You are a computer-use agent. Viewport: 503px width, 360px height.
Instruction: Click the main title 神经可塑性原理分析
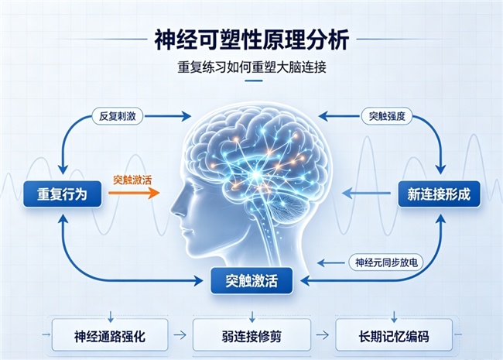click(x=251, y=39)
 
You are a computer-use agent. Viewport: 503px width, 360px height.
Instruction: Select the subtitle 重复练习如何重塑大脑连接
click(x=251, y=67)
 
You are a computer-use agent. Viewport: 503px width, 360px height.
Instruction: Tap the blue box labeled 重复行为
click(x=62, y=194)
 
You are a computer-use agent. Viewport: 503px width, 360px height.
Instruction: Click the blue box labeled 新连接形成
click(x=439, y=194)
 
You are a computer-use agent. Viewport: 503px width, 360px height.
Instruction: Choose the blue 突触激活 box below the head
click(x=251, y=281)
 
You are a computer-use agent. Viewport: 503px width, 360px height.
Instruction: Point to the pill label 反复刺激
click(x=118, y=116)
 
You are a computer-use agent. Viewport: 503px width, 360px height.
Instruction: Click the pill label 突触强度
click(x=387, y=116)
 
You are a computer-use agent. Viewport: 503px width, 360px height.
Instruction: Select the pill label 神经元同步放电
click(x=386, y=262)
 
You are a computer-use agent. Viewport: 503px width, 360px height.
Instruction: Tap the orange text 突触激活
click(x=132, y=180)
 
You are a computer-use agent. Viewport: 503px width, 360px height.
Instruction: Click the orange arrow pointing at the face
click(x=134, y=193)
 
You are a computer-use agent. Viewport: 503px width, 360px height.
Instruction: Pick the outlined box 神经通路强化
click(x=110, y=336)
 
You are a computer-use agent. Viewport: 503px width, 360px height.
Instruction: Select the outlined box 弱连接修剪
click(x=251, y=336)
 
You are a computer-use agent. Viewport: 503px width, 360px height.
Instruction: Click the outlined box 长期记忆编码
click(x=394, y=336)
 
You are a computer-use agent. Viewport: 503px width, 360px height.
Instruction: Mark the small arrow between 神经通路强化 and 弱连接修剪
click(x=180, y=335)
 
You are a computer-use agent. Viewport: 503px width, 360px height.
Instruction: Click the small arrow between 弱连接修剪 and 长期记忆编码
click(x=323, y=335)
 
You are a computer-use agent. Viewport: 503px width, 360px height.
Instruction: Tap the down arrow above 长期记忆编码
click(x=394, y=317)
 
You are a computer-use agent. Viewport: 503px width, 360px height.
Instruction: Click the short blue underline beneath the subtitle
click(x=253, y=81)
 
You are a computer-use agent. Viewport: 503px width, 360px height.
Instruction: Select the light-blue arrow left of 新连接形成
click(x=366, y=193)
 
